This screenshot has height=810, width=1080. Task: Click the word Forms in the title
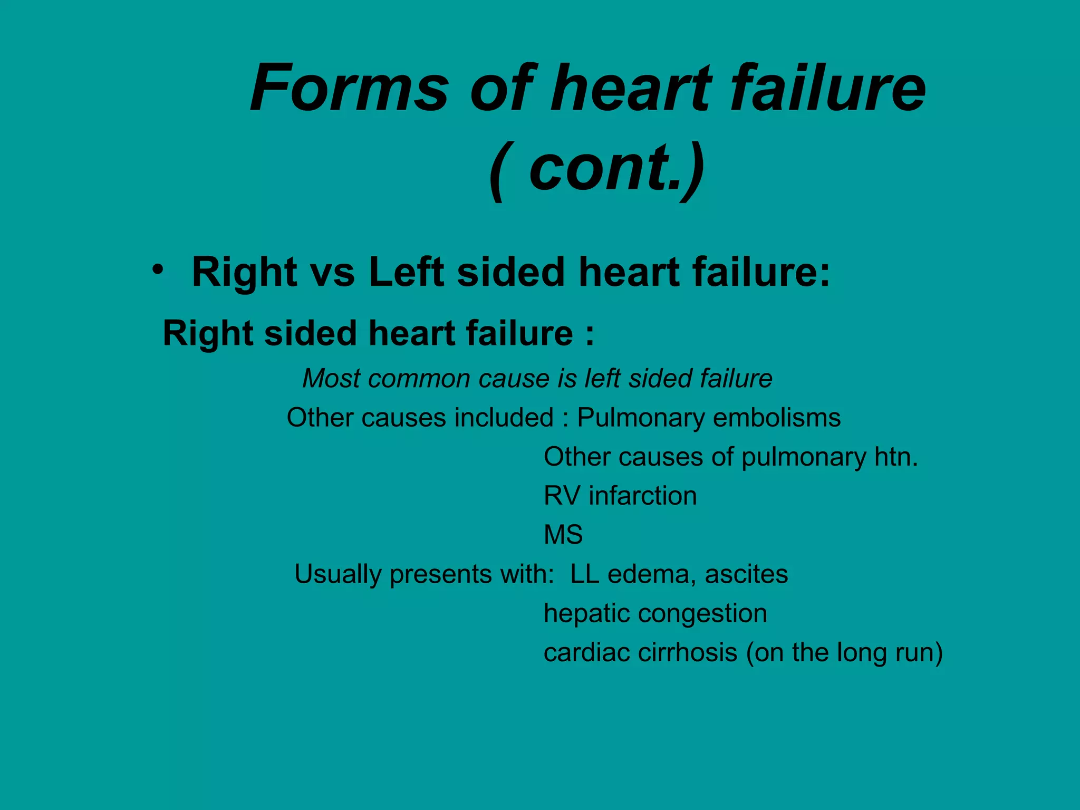(x=349, y=89)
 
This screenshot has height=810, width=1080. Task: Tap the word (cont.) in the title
(x=596, y=169)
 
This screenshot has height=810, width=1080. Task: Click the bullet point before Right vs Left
(x=157, y=269)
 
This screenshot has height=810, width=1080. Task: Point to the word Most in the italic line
(x=330, y=379)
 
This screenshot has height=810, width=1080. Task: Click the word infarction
(x=643, y=496)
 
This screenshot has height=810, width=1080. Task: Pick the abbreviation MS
(x=563, y=535)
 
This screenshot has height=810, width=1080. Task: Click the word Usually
(x=337, y=575)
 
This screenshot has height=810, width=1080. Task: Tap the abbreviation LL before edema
(x=584, y=574)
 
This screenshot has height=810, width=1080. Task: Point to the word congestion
(x=703, y=614)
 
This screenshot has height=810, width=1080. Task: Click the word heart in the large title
(x=631, y=89)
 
